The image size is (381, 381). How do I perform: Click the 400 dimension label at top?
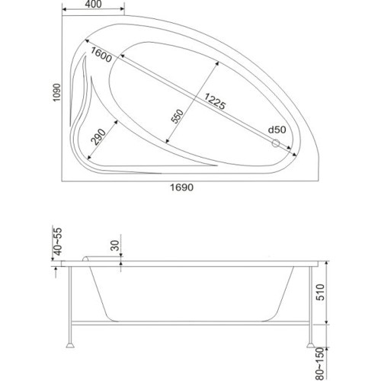coord(93,4)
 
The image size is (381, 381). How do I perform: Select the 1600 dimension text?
coord(101,55)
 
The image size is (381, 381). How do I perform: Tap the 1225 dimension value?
coord(215,101)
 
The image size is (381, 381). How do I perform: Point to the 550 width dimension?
coord(178,116)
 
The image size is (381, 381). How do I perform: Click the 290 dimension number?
coord(98,137)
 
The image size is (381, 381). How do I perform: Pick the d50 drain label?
coord(277,130)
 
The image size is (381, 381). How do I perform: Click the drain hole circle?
coord(276,143)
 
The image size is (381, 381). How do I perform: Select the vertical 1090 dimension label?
coord(56,92)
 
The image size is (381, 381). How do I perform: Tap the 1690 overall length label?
coord(181,187)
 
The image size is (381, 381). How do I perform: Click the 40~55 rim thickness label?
coord(58,242)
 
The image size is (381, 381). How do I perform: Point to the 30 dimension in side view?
coord(115,245)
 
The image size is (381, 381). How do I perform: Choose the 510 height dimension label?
coord(320,293)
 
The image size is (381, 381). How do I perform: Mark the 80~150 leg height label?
coord(320,363)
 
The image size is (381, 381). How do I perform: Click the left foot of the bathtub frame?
coord(70,345)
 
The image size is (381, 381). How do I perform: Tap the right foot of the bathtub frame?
coord(311,345)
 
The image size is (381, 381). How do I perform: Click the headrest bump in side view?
coord(86,258)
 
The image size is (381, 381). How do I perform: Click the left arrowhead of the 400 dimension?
coord(64,9)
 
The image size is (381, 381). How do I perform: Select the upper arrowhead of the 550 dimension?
coord(217,63)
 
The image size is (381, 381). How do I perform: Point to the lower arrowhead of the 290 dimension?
coord(88,158)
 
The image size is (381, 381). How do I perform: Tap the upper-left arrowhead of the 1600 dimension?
coord(87,40)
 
